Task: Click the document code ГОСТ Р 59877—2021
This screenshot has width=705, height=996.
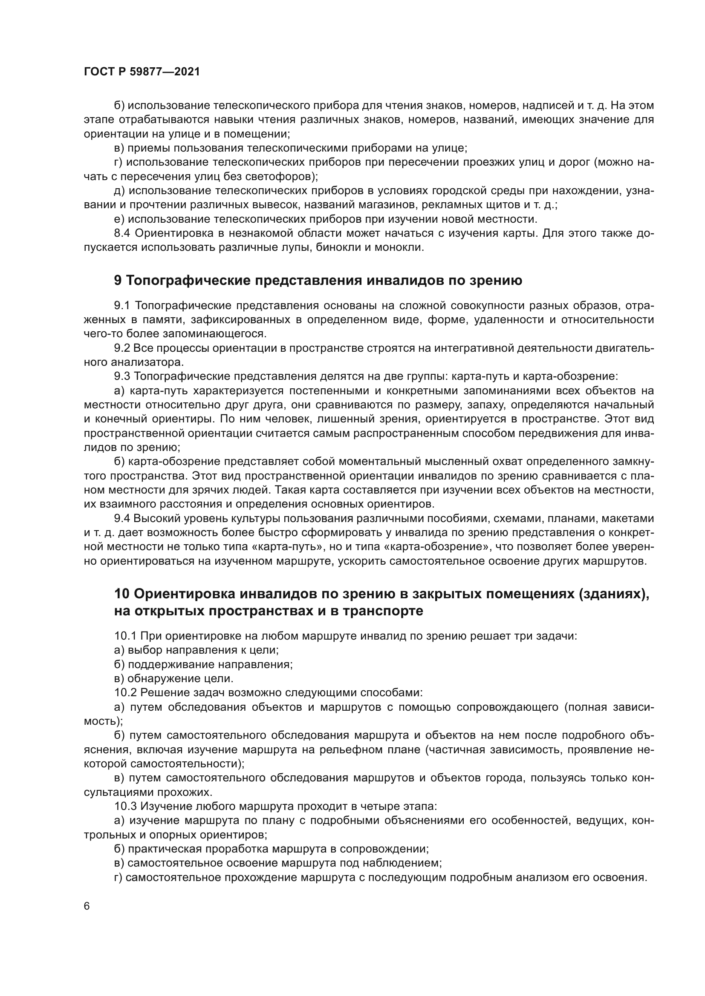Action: click(x=142, y=72)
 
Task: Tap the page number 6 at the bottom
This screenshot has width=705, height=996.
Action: click(x=87, y=906)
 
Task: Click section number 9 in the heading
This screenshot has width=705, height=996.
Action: click(x=118, y=281)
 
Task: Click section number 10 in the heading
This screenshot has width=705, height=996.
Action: click(x=122, y=594)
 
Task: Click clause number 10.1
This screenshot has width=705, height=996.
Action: click(x=125, y=636)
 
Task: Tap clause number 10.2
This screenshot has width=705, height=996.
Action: click(x=125, y=692)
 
